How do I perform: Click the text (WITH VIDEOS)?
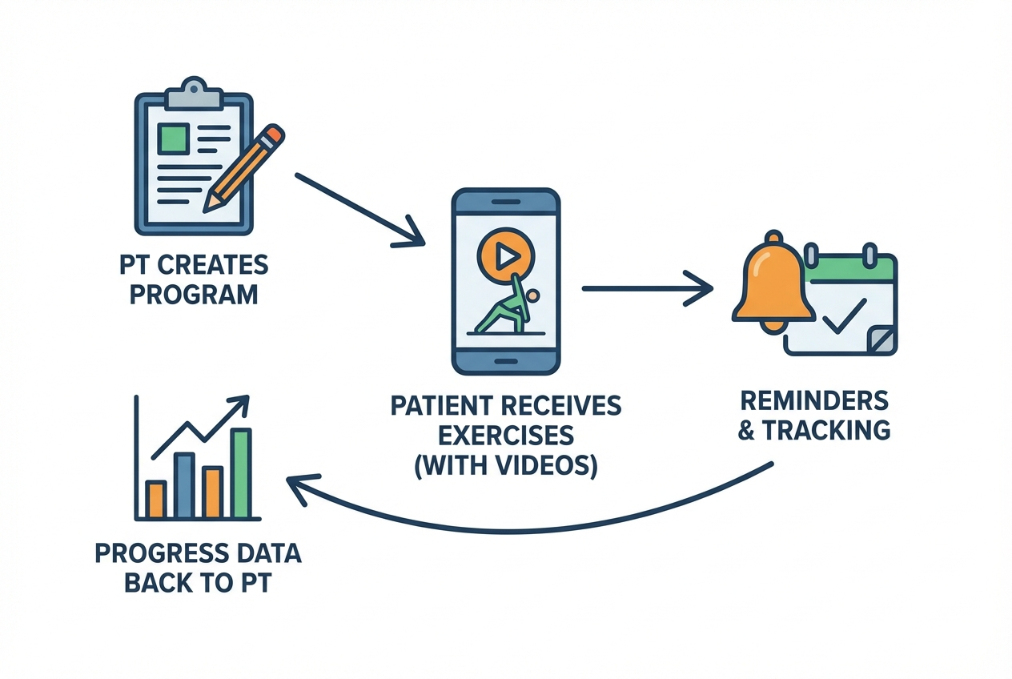(505, 465)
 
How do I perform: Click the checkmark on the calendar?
(844, 315)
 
